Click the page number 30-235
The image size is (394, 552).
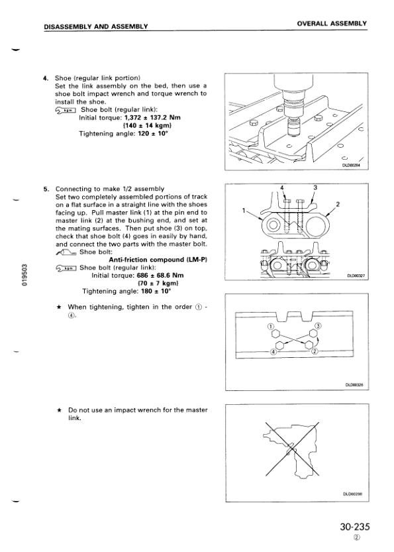tap(355, 527)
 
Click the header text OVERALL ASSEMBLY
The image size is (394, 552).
tap(332, 24)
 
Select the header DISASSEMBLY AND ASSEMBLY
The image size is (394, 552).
tap(96, 27)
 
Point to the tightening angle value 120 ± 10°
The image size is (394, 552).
tap(154, 133)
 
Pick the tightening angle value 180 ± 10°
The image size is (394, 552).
tap(156, 291)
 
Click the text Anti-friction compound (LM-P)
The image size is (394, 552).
tap(158, 260)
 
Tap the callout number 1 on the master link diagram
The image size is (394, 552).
tap(244, 210)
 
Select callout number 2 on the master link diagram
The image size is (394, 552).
tap(338, 204)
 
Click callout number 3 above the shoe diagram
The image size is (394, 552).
tap(315, 188)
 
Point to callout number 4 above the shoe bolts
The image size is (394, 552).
tap(282, 188)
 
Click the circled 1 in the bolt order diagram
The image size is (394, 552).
tap(270, 326)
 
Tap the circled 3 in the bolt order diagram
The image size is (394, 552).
tap(318, 325)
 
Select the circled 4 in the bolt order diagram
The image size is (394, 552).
tap(273, 351)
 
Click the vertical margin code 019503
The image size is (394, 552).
tap(24, 275)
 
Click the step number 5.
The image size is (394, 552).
tap(46, 189)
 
